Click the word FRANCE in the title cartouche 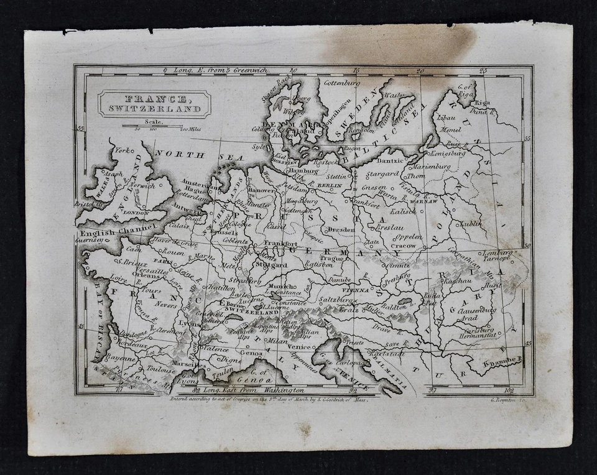click(154, 99)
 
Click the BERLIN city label click(330, 185)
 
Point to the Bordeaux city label click(132, 344)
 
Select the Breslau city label click(390, 228)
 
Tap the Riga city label click(483, 103)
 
